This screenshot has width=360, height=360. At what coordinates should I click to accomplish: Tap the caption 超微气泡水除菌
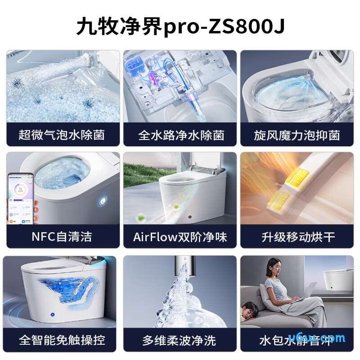click(x=63, y=135)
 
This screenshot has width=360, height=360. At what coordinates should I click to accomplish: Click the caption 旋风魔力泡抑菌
click(x=297, y=135)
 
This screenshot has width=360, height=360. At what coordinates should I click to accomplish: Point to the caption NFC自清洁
click(x=62, y=237)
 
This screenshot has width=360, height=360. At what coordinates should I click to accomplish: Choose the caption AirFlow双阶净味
click(x=180, y=237)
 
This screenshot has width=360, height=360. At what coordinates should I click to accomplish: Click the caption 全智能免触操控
click(x=62, y=340)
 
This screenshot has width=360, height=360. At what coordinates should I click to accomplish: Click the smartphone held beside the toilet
click(x=20, y=198)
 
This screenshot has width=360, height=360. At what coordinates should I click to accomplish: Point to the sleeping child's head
click(x=249, y=310)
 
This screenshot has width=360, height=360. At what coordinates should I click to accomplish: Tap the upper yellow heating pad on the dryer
click(x=297, y=178)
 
